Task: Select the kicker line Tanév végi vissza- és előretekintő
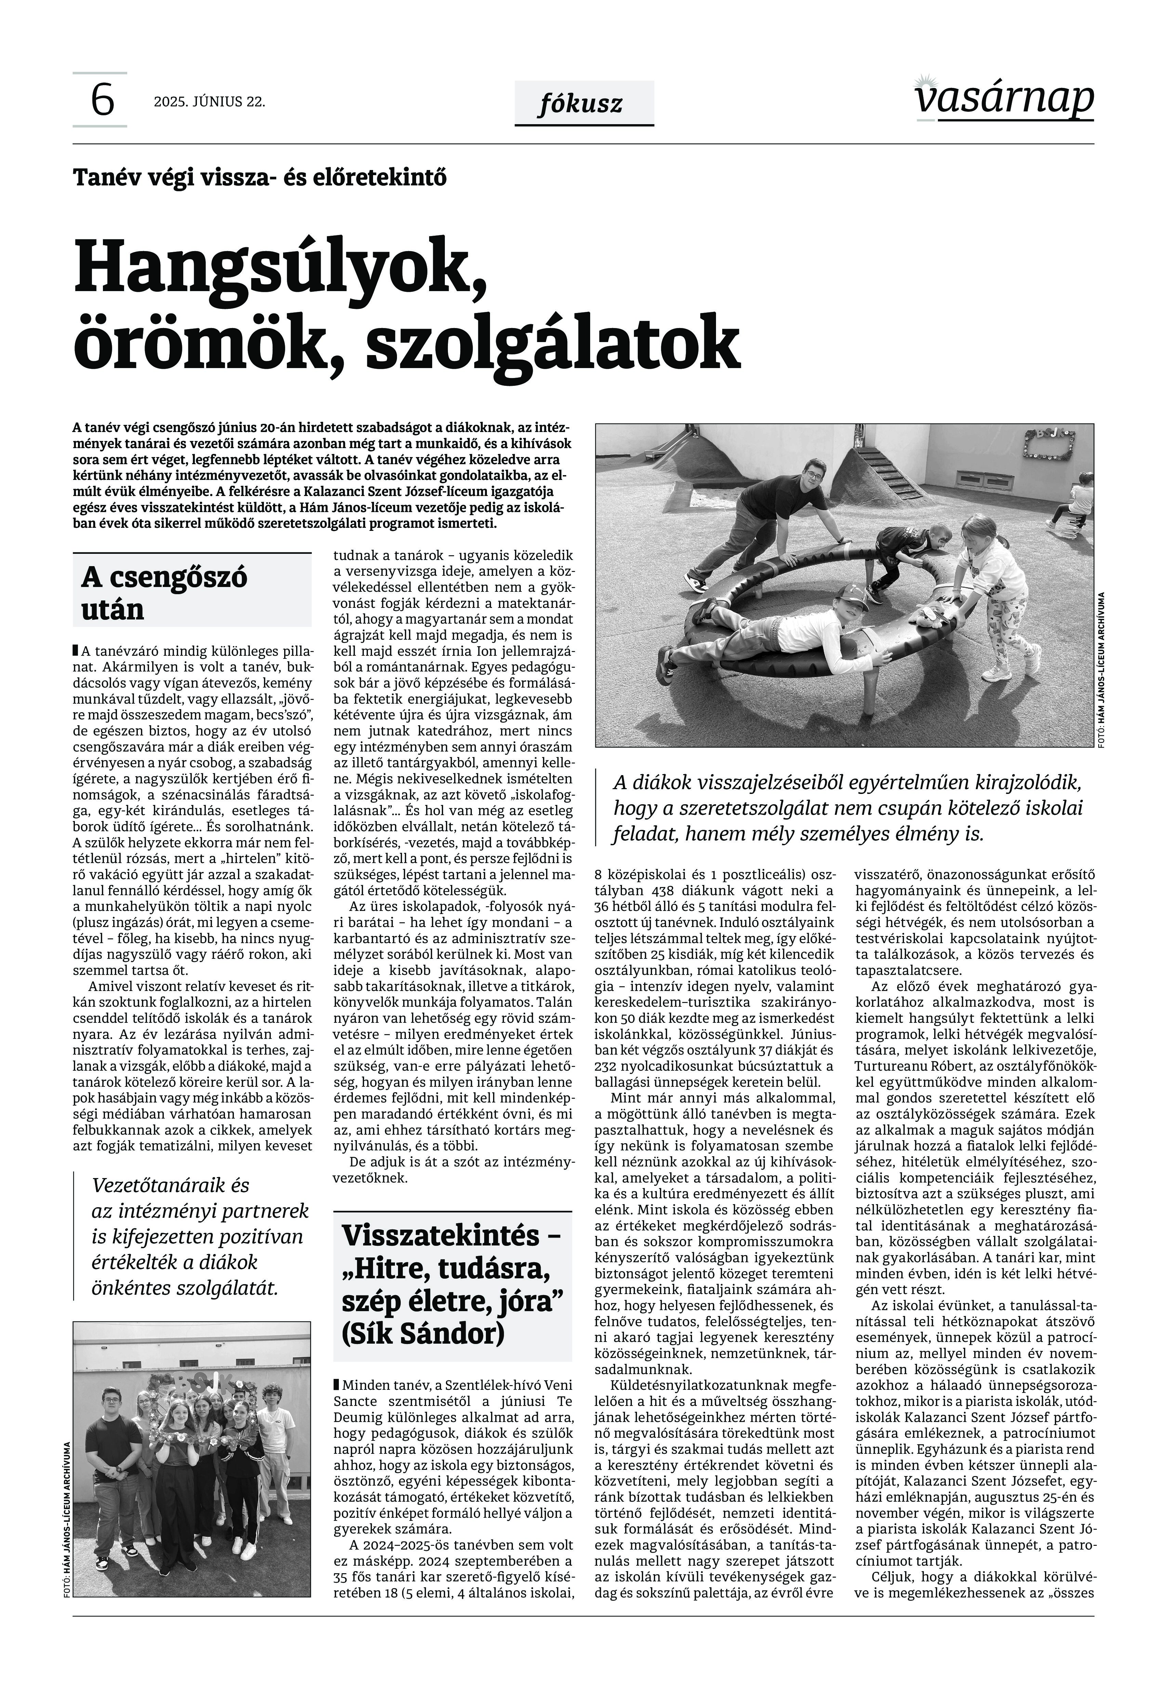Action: click(260, 178)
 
